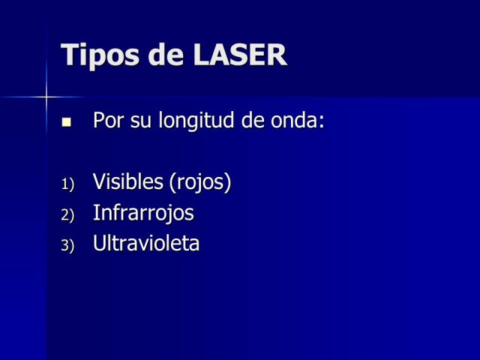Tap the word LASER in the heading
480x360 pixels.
[x=240, y=55]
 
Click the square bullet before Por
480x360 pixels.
[x=67, y=121]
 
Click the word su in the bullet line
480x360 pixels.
[x=141, y=121]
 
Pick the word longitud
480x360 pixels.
[x=196, y=121]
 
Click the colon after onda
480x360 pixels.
[x=321, y=122]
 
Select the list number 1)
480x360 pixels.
[x=67, y=184]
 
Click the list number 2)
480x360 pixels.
[x=67, y=215]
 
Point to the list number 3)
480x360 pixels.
[x=67, y=245]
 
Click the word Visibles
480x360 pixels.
[x=128, y=181]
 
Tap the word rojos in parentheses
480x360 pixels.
[x=200, y=183]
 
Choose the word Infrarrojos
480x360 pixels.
[x=143, y=213]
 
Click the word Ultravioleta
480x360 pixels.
[x=146, y=243]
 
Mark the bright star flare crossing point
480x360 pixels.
[x=46, y=97]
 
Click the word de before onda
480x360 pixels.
[x=253, y=119]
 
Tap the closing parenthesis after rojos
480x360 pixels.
[x=228, y=182]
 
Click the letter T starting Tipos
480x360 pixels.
[x=69, y=54]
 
